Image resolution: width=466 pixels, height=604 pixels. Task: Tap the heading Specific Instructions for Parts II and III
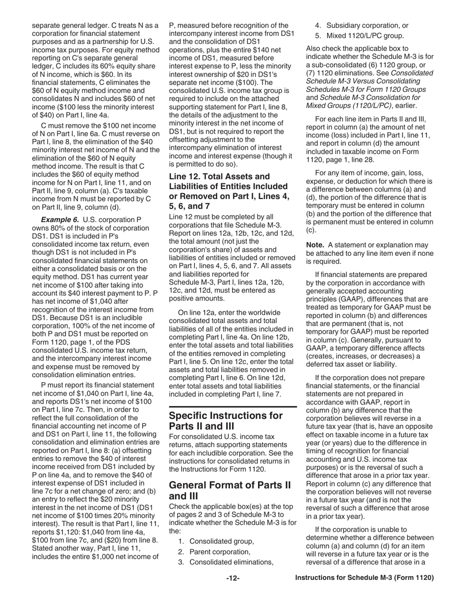pos(226,421)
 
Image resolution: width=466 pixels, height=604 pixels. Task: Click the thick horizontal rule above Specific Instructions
pos(233,407)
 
